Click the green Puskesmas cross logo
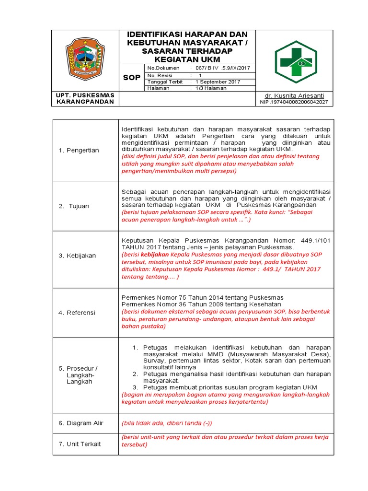296,62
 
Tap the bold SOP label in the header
132,78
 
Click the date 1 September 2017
218,82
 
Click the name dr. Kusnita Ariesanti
295,95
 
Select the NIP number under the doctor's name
294,102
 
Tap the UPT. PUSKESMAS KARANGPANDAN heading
85,98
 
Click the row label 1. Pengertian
79,151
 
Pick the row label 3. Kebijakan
77,256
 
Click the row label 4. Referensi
77,313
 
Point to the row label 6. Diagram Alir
81,423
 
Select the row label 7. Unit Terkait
80,444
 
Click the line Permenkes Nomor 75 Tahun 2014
203,297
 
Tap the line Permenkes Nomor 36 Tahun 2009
201,304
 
